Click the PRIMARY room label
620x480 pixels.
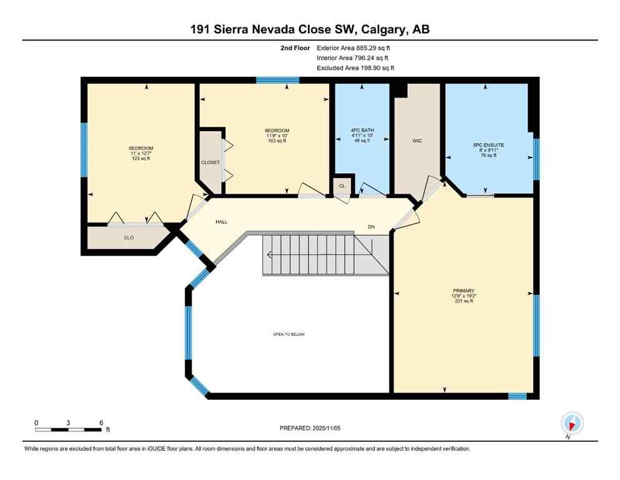click(464, 291)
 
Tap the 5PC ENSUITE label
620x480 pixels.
click(488, 145)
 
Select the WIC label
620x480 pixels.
click(417, 141)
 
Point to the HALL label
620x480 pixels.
click(222, 222)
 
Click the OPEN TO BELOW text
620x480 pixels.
click(288, 334)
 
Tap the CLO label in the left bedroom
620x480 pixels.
click(129, 237)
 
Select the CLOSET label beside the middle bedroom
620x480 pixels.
click(210, 162)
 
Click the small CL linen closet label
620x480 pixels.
click(342, 186)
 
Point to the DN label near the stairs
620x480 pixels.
click(371, 227)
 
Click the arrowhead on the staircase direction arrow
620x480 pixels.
click(268, 254)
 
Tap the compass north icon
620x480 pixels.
click(572, 423)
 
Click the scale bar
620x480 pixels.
click(68, 429)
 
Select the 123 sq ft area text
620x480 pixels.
click(140, 159)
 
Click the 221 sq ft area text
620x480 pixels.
click(464, 301)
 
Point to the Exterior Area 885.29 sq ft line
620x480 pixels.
click(355, 47)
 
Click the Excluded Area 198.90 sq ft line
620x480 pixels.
click(355, 67)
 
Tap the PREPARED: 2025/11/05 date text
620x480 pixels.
click(310, 428)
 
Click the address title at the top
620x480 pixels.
click(310, 29)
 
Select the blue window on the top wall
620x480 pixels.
click(277, 80)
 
